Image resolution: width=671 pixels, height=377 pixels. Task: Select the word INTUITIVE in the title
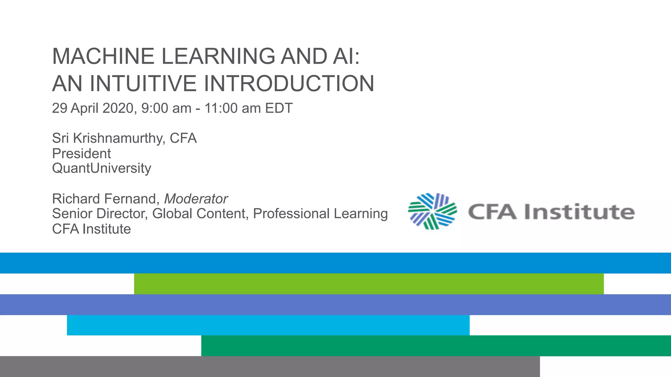click(143, 83)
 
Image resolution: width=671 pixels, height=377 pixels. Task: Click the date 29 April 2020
click(93, 108)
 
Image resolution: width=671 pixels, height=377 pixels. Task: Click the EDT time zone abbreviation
click(279, 108)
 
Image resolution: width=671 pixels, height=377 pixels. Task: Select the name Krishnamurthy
click(119, 138)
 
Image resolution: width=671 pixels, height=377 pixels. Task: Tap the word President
click(81, 153)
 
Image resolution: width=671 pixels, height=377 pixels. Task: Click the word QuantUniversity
click(102, 168)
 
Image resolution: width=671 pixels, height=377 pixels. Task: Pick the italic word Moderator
click(196, 199)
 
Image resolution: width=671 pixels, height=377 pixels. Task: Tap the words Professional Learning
click(320, 214)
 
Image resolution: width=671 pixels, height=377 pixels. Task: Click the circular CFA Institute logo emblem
click(432, 211)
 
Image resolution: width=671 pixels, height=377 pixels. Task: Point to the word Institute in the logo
click(579, 212)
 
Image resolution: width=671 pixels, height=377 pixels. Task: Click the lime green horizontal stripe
click(369, 284)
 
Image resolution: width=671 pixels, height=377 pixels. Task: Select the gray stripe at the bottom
click(270, 367)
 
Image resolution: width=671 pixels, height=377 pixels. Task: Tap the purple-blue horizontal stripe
click(335, 305)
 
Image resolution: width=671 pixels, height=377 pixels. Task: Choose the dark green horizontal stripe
click(436, 346)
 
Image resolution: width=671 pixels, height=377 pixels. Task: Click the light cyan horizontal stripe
click(268, 325)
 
